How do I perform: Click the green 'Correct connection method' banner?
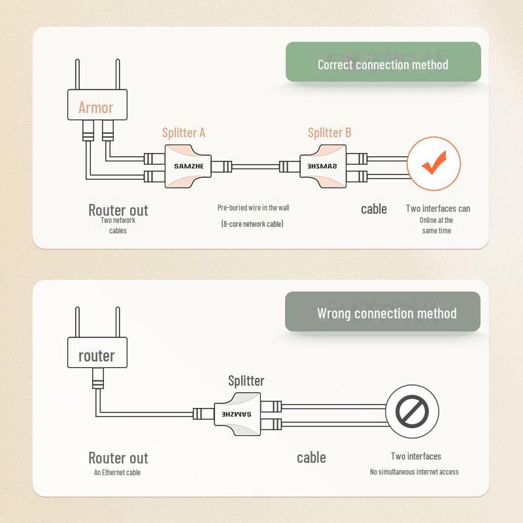point(383,64)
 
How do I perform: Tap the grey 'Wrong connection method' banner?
point(383,312)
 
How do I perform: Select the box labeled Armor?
point(96,106)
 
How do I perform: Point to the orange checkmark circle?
point(433,163)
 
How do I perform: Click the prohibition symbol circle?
point(412,412)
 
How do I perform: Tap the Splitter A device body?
point(189,166)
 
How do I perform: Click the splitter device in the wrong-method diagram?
point(236,413)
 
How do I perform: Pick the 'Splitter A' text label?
point(184,133)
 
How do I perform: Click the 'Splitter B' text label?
point(329,133)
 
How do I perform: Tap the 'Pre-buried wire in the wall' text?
point(253,208)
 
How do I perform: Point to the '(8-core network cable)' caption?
point(253,224)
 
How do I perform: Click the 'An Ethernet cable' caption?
point(117,472)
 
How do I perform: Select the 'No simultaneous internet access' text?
point(414,471)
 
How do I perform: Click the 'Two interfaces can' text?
point(437,209)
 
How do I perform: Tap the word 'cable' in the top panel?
point(374,209)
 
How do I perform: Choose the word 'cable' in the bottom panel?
point(311,457)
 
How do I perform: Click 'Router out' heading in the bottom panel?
point(118,458)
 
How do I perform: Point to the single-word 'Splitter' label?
point(246,380)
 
